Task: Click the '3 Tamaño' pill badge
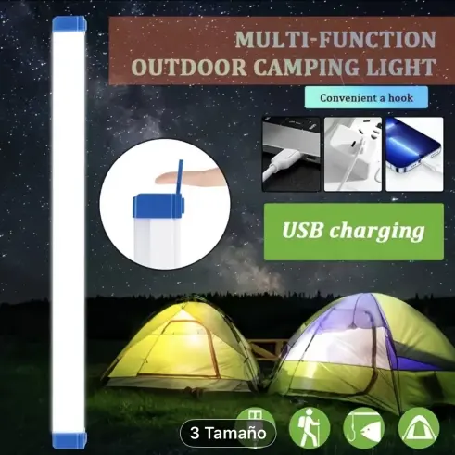click(x=227, y=432)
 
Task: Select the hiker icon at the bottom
click(x=310, y=426)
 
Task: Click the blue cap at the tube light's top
click(x=76, y=33)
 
